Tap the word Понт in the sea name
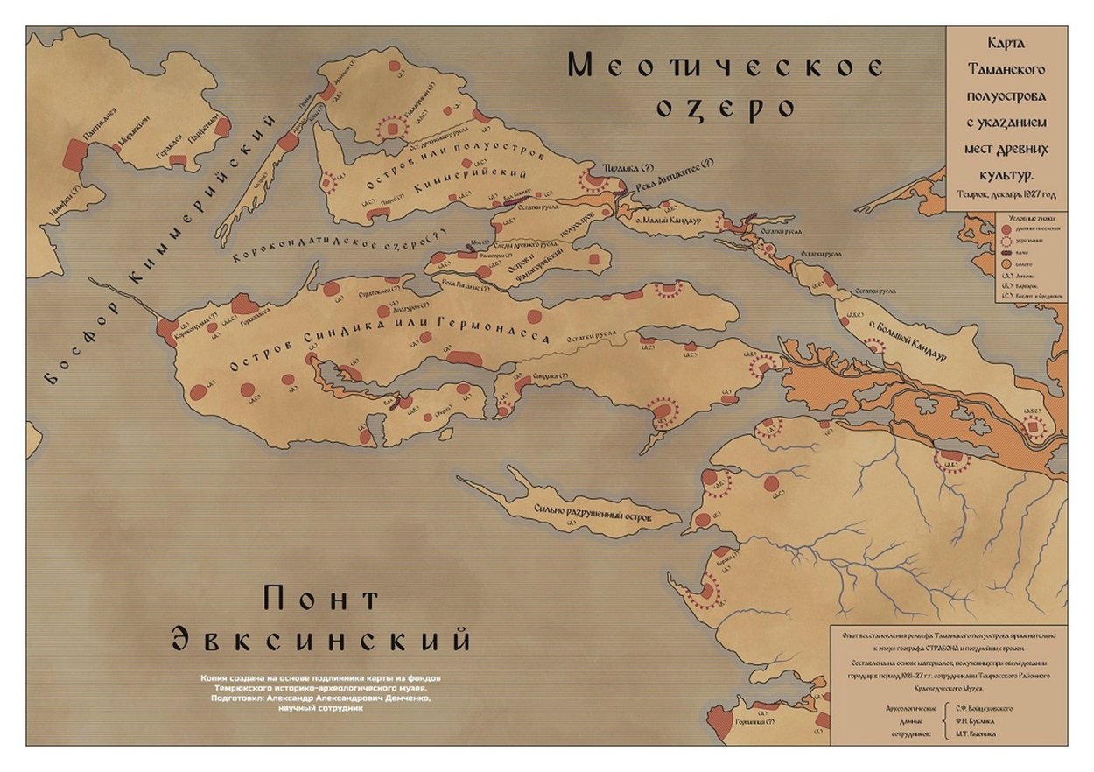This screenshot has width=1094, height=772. tap(320, 600)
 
